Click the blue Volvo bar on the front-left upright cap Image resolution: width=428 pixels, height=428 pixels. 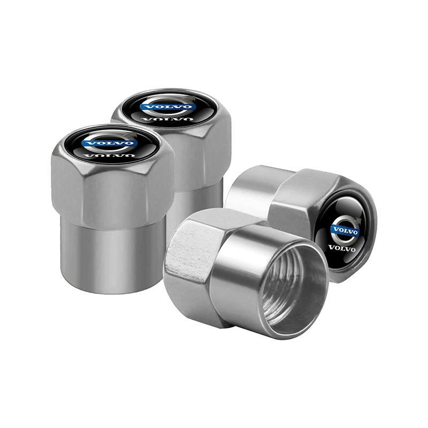[109, 143]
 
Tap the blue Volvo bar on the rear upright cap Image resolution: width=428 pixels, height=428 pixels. [167, 106]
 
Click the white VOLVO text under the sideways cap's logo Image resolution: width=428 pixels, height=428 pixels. [342, 248]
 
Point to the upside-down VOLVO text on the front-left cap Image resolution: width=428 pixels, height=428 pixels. [110, 156]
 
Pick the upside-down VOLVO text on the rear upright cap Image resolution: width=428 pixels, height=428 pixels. [167, 119]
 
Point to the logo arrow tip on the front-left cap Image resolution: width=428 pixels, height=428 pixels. [131, 133]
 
